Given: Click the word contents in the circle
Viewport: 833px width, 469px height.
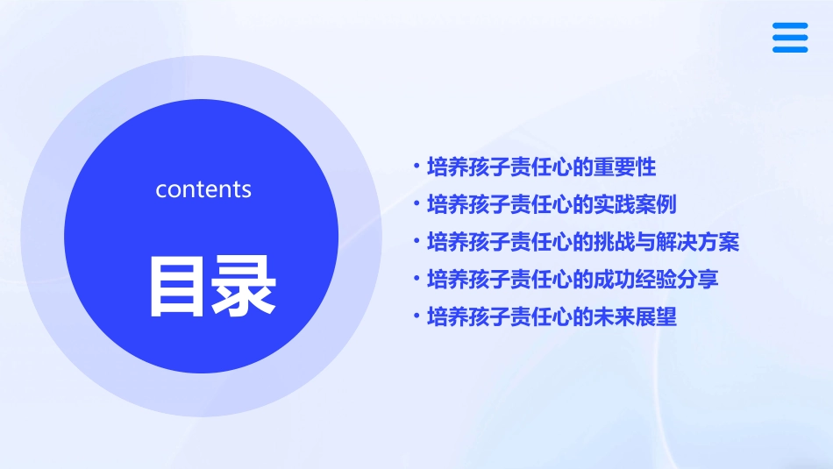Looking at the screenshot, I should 203,189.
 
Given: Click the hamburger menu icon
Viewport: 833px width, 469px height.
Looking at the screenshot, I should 790,38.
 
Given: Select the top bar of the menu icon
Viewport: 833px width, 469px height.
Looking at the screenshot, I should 790,26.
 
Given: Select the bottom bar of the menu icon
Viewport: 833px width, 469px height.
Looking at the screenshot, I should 790,49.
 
